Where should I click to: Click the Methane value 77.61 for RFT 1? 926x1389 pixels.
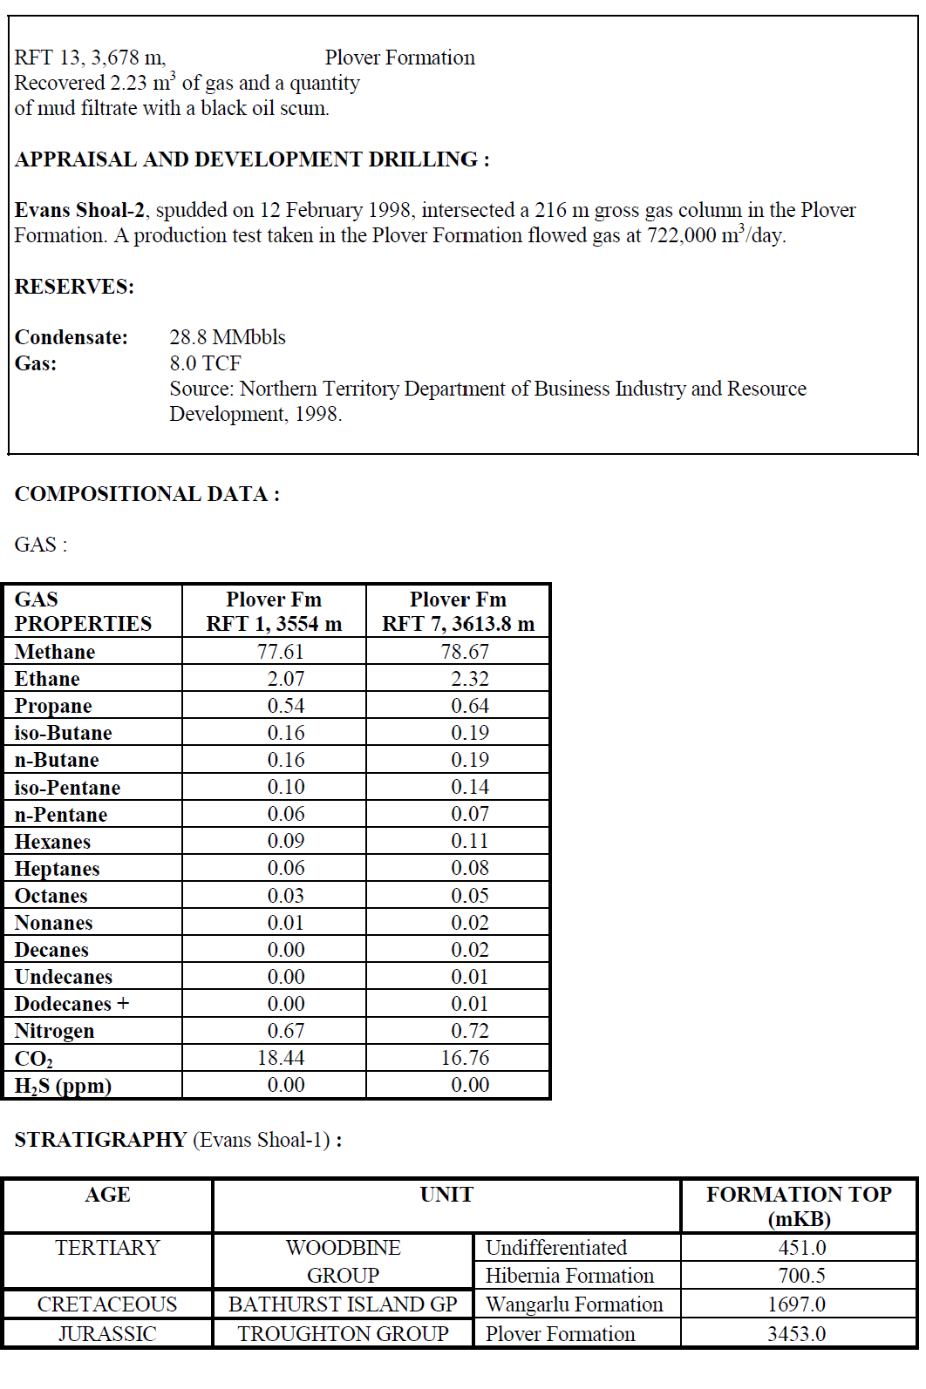[x=280, y=652]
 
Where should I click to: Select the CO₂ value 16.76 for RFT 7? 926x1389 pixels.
[x=465, y=1058]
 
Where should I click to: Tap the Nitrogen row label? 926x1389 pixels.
[x=54, y=1031]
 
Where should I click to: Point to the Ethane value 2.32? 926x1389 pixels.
[x=469, y=679]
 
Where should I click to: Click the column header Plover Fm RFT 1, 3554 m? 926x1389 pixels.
[x=274, y=612]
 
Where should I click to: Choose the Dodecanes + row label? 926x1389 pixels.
[x=71, y=1004]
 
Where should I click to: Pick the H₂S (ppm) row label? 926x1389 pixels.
[x=63, y=1086]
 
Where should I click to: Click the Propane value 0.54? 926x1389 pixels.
[x=285, y=706]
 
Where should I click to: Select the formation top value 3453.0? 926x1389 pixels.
[x=796, y=1334]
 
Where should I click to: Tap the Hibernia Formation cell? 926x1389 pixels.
[x=569, y=1276]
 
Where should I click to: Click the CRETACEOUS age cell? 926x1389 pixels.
[x=107, y=1304]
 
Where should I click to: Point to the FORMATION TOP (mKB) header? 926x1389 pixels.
[x=799, y=1206]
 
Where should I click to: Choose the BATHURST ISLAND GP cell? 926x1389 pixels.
[x=343, y=1304]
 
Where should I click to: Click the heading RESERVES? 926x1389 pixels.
[x=74, y=287]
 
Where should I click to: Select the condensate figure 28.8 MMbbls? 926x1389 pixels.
[x=228, y=337]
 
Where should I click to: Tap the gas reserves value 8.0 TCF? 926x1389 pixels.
[x=205, y=363]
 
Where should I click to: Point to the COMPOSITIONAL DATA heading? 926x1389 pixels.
[x=146, y=494]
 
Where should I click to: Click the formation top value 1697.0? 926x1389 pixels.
[x=796, y=1304]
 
